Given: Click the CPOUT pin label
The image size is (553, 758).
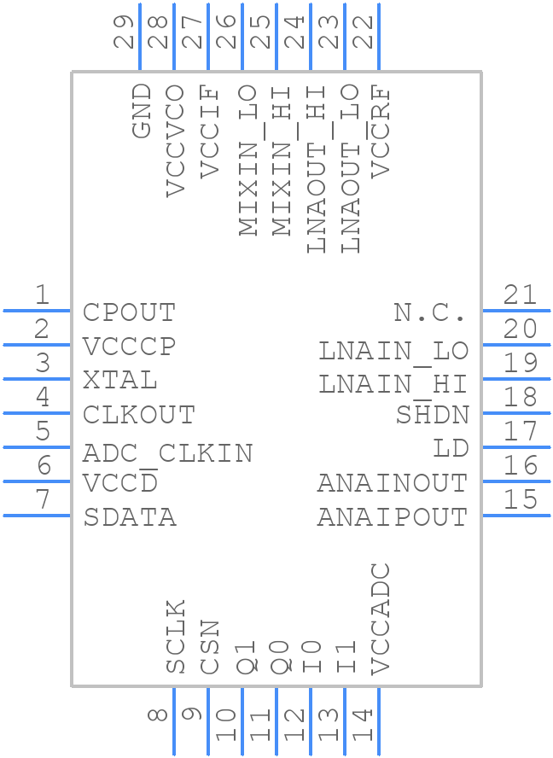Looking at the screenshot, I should (129, 312).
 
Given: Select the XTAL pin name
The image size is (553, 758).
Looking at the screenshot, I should (120, 381).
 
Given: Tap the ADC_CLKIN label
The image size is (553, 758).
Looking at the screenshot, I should (167, 452).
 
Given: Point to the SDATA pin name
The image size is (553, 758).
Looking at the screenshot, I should (130, 517).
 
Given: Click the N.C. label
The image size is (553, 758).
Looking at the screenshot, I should (430, 312).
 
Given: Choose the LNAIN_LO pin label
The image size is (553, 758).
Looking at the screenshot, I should (393, 350).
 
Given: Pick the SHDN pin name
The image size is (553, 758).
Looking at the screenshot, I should (432, 415).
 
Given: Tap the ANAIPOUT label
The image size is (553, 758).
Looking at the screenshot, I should (393, 517).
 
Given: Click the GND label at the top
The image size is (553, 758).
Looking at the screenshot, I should (142, 111).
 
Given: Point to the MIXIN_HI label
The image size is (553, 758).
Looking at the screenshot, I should (280, 161).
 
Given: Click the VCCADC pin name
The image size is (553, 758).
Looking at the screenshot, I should (381, 619).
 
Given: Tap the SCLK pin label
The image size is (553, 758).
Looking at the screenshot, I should (176, 637).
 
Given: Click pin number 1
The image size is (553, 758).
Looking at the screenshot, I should (41, 295).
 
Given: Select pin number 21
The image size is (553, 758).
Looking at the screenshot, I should (520, 295).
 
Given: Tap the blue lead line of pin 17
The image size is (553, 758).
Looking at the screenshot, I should (516, 447).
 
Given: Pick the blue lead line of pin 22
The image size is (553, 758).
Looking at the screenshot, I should (379, 38).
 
